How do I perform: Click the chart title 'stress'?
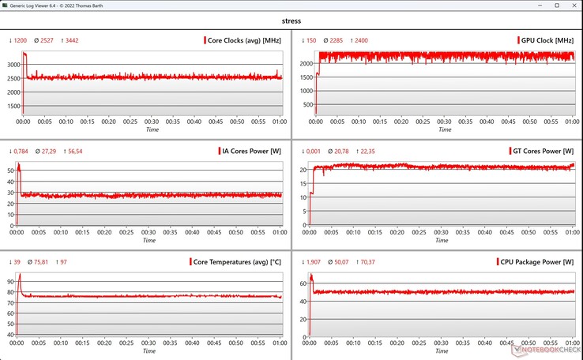click(x=291, y=21)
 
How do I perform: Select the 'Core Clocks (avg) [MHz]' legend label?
click(x=241, y=39)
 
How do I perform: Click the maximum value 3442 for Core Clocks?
click(x=71, y=39)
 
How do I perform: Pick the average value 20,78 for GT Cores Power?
click(x=340, y=150)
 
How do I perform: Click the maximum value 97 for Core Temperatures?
click(x=62, y=261)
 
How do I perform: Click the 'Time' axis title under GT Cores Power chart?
click(x=442, y=240)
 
